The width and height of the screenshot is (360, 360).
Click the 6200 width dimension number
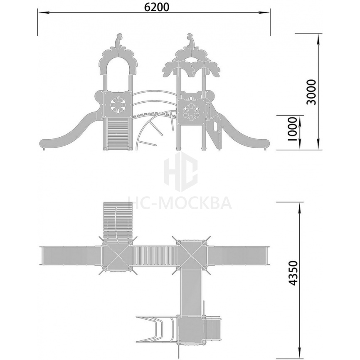(157, 7)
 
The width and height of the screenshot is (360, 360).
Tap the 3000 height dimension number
(311, 92)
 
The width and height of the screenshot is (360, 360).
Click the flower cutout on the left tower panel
(118, 105)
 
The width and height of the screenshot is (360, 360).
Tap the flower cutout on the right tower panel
(190, 111)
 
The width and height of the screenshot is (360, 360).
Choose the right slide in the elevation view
(243, 134)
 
